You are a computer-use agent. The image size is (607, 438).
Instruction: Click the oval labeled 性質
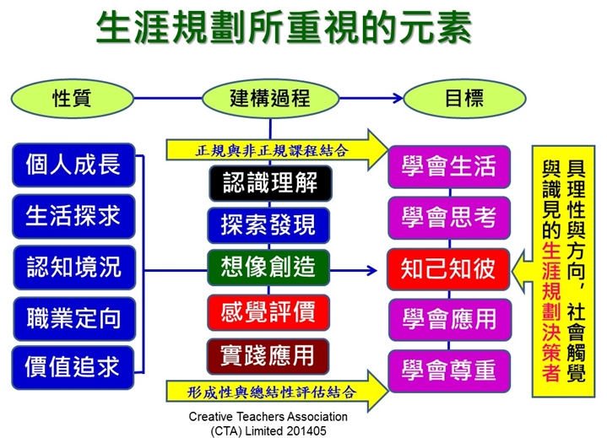73,98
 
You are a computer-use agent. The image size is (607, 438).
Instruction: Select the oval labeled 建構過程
270,98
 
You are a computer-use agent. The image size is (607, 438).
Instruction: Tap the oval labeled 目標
464,98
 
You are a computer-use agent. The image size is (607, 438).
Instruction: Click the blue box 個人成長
73,165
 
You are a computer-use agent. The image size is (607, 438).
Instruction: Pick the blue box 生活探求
73,216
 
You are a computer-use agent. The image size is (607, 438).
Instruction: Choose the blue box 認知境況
74,268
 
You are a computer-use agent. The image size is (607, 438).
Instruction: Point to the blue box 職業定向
74,318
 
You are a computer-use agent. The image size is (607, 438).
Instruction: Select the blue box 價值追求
73,367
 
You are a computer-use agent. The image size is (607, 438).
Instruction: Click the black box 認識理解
271,183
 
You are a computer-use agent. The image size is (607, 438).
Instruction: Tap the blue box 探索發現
268,225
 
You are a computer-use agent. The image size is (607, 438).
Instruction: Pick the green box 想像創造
268,268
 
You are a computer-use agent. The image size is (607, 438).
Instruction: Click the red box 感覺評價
268,312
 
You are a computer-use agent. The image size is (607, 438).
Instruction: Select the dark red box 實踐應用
268,356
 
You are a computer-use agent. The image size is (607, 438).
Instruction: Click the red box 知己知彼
448,269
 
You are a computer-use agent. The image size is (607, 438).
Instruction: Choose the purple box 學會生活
449,167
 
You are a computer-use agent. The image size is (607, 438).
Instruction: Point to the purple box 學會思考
449,218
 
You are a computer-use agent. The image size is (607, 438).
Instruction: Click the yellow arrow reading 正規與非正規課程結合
277,150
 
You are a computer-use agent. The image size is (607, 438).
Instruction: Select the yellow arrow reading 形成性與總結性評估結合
277,392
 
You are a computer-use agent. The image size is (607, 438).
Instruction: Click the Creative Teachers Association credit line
268,424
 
